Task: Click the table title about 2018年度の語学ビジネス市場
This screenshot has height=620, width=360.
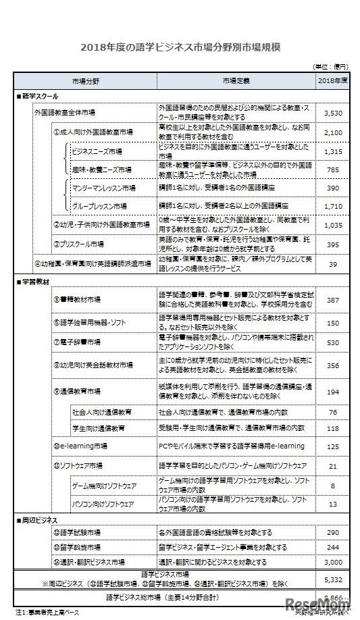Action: (x=180, y=47)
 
